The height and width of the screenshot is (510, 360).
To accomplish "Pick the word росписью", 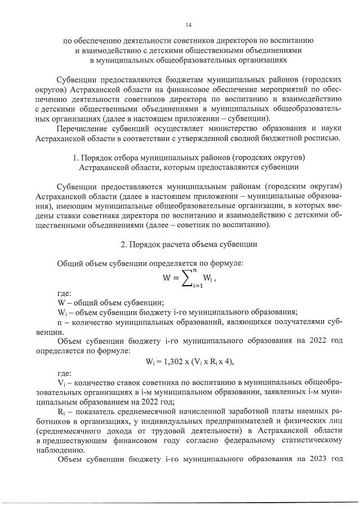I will coord(322,138).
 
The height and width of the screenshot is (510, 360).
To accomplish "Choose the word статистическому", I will coord(308,441).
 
